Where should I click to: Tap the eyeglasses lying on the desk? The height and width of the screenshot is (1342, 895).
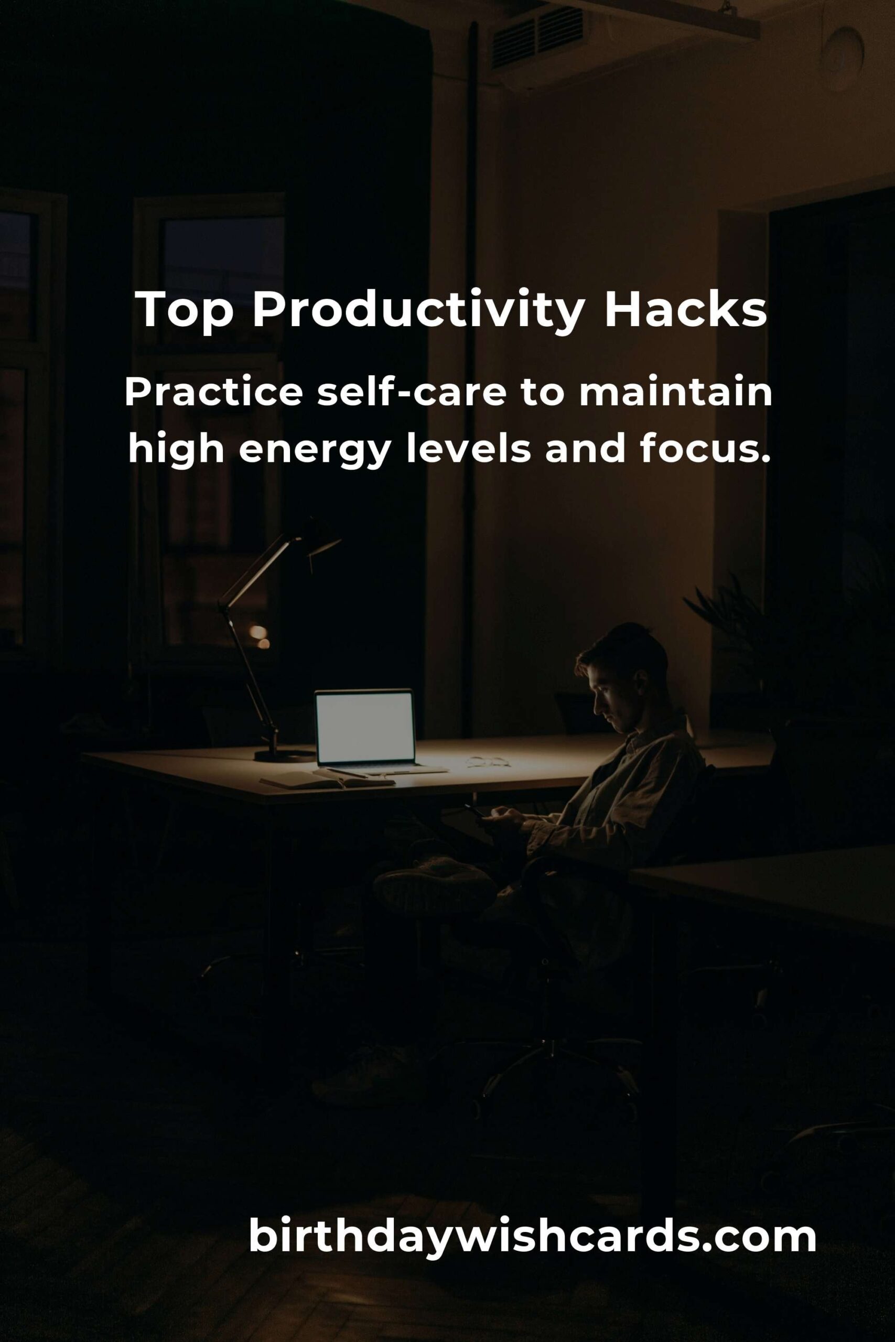click(488, 761)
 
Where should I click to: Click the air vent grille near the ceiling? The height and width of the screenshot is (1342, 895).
click(536, 37)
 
